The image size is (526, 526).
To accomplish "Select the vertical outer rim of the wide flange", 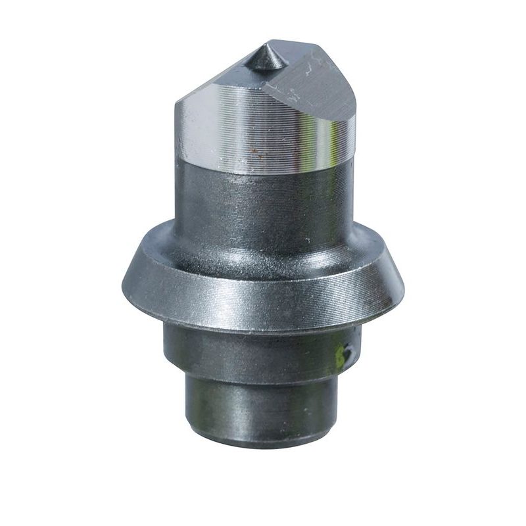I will [263, 302].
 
